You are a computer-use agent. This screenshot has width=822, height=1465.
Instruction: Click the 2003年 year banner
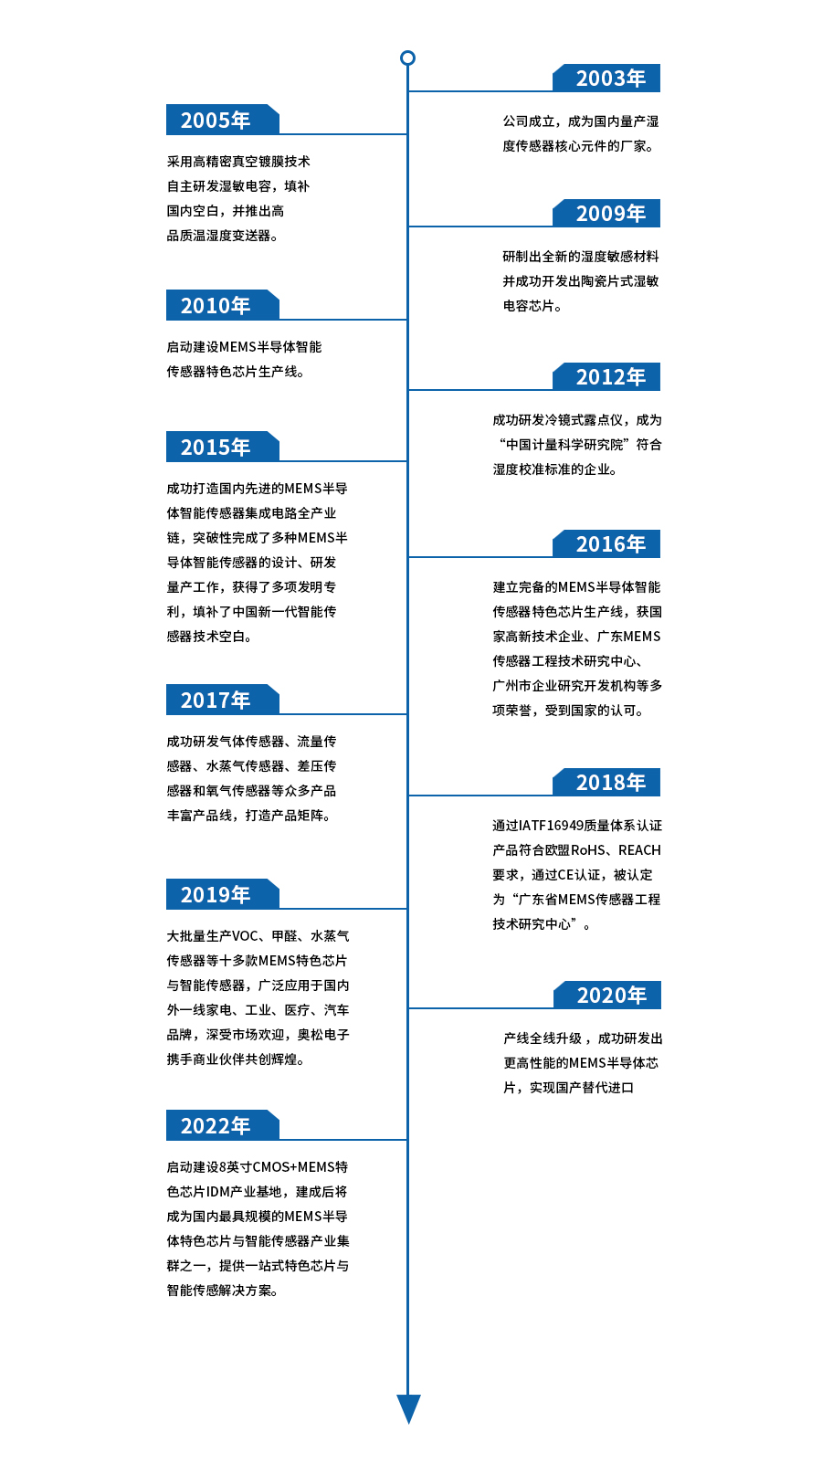606,78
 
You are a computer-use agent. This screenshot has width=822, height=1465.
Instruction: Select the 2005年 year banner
222,120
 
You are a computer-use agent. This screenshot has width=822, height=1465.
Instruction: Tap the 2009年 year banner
606,213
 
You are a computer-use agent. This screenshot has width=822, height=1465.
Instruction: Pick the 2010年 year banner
222,305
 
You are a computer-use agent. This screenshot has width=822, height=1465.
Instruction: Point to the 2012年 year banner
606,376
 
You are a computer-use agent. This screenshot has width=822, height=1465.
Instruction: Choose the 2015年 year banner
222,447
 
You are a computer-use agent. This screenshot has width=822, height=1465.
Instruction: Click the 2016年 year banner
606,544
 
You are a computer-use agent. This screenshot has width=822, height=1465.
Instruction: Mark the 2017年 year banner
222,700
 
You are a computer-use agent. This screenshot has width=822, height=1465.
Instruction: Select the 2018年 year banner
606,782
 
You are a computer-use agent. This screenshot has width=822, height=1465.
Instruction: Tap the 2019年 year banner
222,894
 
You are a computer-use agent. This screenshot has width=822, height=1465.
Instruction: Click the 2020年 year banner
606,995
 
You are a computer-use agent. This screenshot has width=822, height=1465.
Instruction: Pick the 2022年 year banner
222,1125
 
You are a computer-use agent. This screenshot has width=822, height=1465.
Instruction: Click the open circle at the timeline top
407,58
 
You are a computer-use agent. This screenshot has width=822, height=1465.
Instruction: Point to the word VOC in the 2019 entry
245,936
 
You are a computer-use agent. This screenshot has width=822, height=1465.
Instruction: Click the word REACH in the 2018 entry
639,850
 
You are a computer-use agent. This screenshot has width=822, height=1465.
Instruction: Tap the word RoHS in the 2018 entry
588,850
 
